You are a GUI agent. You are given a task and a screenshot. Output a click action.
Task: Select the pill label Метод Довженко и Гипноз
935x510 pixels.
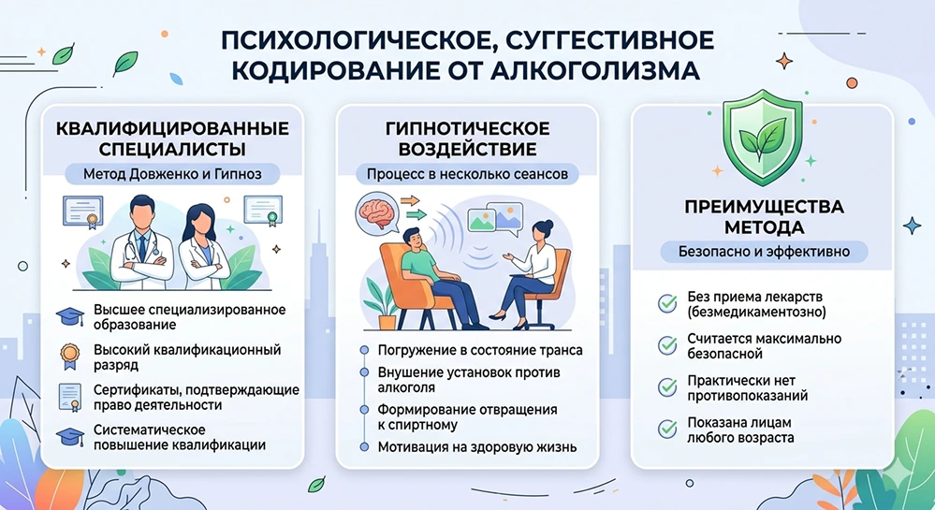click(172, 174)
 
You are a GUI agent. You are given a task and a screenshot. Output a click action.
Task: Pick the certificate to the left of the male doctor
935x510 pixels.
click(83, 211)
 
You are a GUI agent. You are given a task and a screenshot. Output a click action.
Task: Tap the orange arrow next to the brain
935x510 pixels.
click(410, 201)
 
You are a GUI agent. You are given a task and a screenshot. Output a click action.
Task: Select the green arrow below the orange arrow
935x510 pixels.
click(417, 214)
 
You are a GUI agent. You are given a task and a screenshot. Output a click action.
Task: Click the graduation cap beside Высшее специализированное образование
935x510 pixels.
click(70, 316)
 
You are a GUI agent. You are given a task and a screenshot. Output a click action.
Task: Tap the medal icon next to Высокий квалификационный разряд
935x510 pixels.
click(70, 357)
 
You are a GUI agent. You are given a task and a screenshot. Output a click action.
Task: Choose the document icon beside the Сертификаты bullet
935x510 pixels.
click(70, 398)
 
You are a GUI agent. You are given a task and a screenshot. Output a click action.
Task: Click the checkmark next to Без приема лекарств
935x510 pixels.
click(667, 303)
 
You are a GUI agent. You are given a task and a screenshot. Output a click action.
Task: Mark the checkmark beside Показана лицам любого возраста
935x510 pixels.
click(667, 429)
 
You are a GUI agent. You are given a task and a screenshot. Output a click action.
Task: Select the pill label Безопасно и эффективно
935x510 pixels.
click(764, 251)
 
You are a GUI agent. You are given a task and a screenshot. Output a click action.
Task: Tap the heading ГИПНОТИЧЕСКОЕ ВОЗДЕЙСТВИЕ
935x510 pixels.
click(468, 138)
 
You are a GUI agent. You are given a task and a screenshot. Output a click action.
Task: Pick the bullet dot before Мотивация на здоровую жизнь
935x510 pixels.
click(364, 446)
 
